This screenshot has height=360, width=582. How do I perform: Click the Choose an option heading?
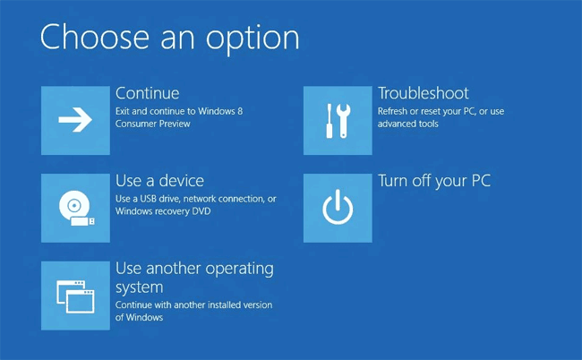tap(169, 38)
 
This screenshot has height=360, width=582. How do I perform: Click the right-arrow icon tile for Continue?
tap(76, 121)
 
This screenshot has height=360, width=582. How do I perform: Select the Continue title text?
tap(147, 93)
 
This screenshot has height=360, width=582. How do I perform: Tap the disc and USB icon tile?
tap(76, 208)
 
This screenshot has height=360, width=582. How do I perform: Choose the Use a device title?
tap(159, 181)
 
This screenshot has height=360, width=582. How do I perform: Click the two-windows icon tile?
tap(76, 295)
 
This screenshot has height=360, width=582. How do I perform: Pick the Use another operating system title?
tap(194, 277)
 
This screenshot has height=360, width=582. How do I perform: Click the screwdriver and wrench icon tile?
tap(338, 121)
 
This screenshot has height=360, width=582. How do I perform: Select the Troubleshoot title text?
tap(423, 93)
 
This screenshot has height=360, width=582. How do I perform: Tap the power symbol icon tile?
tap(338, 208)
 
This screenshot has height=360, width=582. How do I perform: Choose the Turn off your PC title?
tap(433, 181)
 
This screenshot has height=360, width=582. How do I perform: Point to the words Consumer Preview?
tap(152, 124)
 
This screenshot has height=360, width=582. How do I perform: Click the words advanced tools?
tap(407, 124)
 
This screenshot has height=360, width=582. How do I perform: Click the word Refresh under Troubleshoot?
tap(393, 111)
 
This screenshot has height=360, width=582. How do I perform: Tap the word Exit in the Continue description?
tap(124, 111)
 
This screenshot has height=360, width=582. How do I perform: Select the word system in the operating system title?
tap(139, 287)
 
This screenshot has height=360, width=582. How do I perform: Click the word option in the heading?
tap(252, 38)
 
